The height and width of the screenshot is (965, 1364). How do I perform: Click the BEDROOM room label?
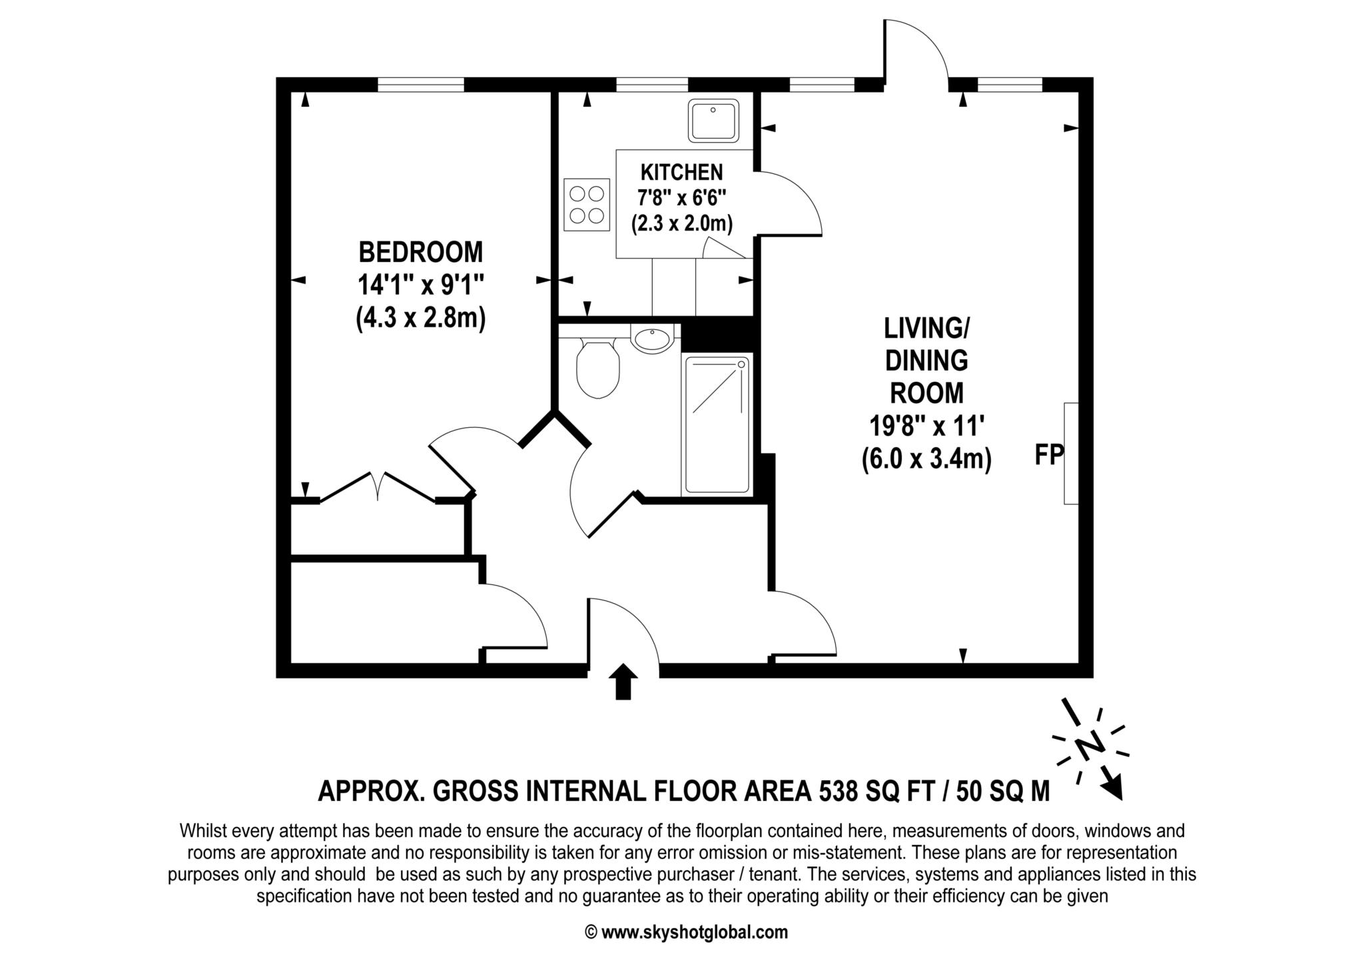click(420, 253)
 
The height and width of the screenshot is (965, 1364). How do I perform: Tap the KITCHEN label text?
click(681, 172)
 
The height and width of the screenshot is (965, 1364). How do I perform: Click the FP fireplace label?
click(1048, 455)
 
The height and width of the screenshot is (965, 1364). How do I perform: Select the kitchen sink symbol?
click(713, 121)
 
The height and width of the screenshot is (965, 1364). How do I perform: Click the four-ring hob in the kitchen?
click(587, 205)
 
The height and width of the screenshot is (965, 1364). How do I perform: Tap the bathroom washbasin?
click(652, 339)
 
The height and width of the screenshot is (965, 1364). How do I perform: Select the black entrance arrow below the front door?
click(623, 681)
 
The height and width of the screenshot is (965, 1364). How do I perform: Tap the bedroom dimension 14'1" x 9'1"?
click(420, 285)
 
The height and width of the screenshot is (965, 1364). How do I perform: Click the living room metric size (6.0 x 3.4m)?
click(926, 459)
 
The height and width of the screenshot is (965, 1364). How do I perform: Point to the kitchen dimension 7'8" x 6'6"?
click(681, 198)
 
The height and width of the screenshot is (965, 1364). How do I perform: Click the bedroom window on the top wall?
click(420, 85)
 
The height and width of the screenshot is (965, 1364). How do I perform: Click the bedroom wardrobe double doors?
click(378, 485)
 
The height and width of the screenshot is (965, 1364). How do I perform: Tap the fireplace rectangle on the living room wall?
click(1070, 453)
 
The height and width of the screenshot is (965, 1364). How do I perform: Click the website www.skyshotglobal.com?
click(694, 932)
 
